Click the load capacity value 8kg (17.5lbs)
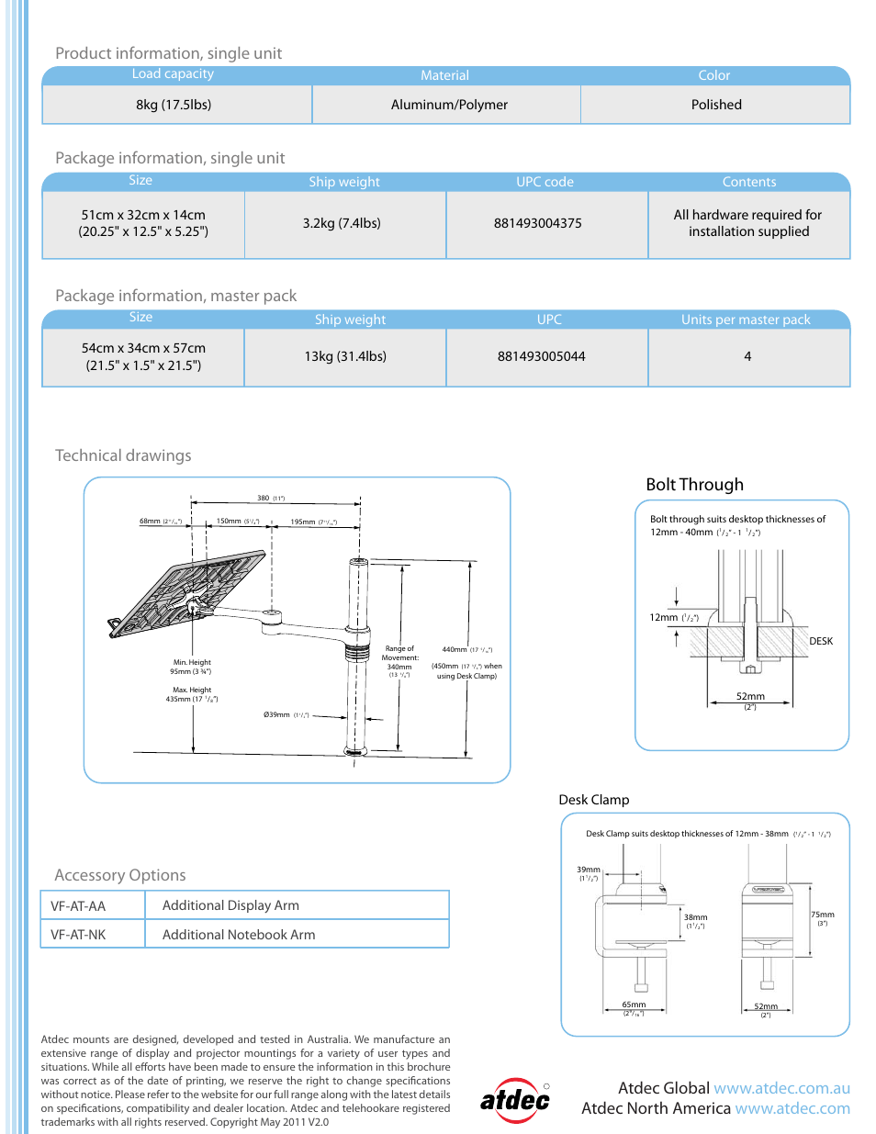coord(174,105)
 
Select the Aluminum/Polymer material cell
coord(449,105)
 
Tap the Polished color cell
coord(716,105)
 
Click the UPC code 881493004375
coord(537,223)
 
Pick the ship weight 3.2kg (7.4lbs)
coord(342,223)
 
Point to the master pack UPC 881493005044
coord(541,356)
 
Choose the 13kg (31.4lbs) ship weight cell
coord(345,356)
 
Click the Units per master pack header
coord(746,320)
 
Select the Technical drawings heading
coord(123,455)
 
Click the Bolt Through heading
coord(694,485)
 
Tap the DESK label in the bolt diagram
coord(821,641)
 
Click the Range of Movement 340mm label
coord(399,661)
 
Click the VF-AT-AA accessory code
coord(78,906)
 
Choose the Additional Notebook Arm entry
coord(239,935)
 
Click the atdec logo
coord(515,1099)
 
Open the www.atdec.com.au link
coord(781,1088)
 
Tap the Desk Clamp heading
coord(594,800)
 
